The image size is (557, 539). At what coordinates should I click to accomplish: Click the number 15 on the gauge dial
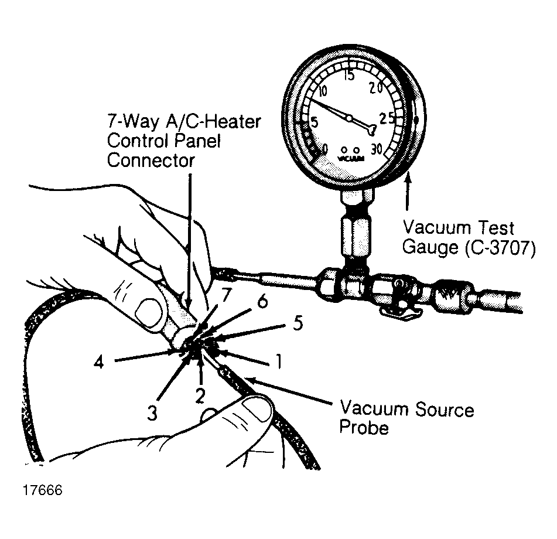coord(350,76)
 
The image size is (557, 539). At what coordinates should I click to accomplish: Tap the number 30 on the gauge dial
coord(377,149)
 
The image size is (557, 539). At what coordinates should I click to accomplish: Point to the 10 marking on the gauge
coord(322,91)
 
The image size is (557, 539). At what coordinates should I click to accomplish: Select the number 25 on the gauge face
coord(387,118)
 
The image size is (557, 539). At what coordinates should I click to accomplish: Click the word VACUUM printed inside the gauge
coord(351,158)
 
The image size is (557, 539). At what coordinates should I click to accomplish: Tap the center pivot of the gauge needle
coord(350,118)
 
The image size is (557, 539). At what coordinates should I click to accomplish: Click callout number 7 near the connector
coord(226,294)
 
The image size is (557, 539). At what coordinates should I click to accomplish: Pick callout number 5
coord(298,323)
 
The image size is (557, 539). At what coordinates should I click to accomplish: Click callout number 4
coord(99,363)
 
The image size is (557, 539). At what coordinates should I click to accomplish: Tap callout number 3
coord(152,413)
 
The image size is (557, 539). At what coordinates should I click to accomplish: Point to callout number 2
coord(200,396)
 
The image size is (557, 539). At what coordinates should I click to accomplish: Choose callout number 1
coord(279,361)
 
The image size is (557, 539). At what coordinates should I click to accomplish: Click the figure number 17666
coord(43,490)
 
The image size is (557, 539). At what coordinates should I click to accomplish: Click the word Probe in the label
coord(364,428)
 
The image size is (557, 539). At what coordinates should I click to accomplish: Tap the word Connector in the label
coord(151,161)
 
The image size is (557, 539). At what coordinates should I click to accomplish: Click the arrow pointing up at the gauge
coord(408,191)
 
